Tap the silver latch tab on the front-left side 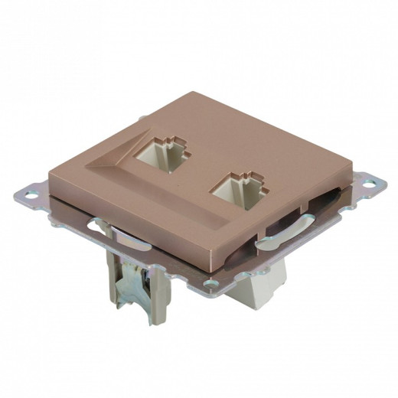click(x=99, y=227)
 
